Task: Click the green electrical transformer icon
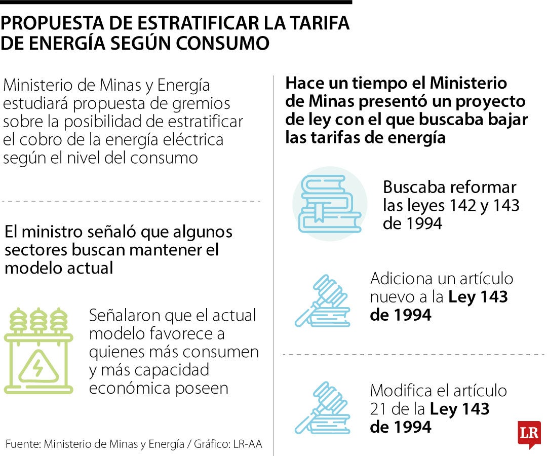[x=38, y=351]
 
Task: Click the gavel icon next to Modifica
[x=323, y=408]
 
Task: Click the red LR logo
[x=529, y=434]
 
